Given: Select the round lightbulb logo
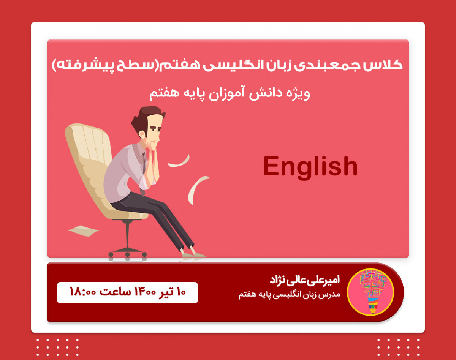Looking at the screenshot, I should [370, 292].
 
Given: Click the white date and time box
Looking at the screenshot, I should [127, 292].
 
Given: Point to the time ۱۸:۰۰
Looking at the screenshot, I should [83, 292].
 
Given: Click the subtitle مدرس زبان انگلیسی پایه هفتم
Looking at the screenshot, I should [290, 295].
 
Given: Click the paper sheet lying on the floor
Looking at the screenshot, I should [83, 230].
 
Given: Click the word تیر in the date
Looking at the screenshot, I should [165, 292].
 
